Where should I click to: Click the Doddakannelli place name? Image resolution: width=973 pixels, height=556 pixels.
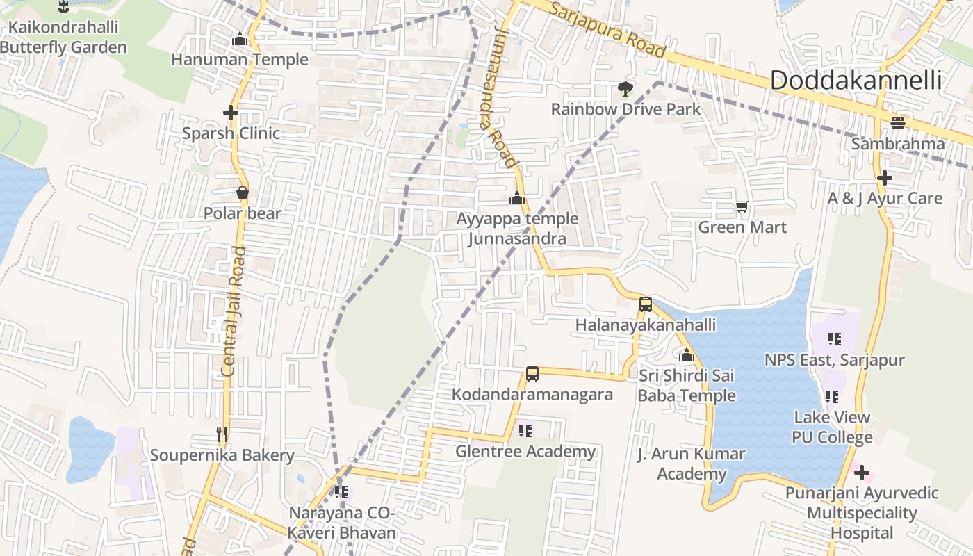point(856,81)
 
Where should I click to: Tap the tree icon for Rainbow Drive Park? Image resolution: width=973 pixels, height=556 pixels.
point(625,89)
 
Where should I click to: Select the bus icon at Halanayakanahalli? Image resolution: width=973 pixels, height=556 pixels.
point(645,304)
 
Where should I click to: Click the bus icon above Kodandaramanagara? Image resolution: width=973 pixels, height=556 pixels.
point(532,374)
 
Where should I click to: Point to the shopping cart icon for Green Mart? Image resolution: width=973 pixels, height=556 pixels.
point(742,207)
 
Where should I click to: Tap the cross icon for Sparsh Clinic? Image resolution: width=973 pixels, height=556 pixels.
point(231,112)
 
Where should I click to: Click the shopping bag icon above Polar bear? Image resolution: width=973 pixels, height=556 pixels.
point(243,193)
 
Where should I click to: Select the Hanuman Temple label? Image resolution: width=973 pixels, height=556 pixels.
point(240,60)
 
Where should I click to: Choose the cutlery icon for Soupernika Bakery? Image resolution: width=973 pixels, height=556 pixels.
point(222,434)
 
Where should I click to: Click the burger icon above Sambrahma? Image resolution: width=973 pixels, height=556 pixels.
point(898,123)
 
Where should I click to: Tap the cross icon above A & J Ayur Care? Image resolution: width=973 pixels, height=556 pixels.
point(885,178)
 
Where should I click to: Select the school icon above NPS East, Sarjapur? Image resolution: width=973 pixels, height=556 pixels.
point(835,339)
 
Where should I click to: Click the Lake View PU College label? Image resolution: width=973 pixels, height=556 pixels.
point(832,427)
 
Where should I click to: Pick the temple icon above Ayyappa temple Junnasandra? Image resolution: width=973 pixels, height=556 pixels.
point(516,199)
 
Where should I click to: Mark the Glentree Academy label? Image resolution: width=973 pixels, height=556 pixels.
point(525,452)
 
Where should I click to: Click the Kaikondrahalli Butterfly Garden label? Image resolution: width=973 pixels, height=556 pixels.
point(63,38)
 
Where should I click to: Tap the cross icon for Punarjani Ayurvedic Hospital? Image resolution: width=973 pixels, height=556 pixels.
point(862,473)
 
